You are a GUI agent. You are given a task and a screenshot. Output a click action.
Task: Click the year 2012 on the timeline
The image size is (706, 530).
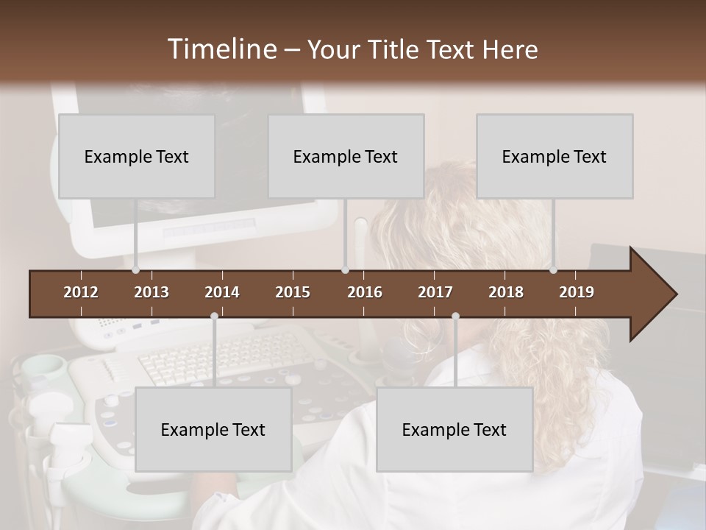click(81, 292)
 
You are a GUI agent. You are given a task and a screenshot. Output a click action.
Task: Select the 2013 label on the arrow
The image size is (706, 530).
click(151, 292)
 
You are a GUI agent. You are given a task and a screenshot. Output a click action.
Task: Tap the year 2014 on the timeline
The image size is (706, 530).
click(222, 292)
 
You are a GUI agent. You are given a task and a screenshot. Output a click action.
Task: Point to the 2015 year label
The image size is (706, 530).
click(293, 292)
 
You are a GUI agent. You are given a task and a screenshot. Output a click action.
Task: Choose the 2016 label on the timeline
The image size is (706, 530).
click(365, 292)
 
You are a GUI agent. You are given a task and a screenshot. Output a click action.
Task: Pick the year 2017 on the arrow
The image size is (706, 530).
click(435, 292)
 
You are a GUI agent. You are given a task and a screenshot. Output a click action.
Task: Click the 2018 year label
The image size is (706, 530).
click(506, 292)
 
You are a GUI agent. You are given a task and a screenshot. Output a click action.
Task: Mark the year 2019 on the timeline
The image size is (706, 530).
click(577, 292)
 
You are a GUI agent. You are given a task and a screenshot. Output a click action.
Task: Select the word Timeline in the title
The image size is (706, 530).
click(221, 49)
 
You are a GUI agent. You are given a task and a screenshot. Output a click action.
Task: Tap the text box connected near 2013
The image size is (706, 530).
click(137, 156)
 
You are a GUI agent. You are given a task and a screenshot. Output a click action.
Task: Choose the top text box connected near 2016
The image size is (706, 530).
click(346, 156)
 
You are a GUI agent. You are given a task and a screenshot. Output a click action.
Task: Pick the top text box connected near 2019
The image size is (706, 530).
click(555, 156)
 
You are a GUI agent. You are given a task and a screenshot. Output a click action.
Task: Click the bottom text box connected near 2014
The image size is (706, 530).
click(213, 429)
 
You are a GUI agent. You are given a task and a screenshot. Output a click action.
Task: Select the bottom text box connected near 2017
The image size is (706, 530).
click(454, 429)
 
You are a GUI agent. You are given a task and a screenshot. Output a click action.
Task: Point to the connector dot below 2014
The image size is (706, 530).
click(214, 317)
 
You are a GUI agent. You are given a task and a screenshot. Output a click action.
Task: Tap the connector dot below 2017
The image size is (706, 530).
click(455, 317)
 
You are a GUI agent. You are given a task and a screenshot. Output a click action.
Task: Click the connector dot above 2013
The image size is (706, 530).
click(136, 269)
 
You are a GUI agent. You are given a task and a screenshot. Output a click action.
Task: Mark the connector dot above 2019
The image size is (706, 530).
click(553, 269)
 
